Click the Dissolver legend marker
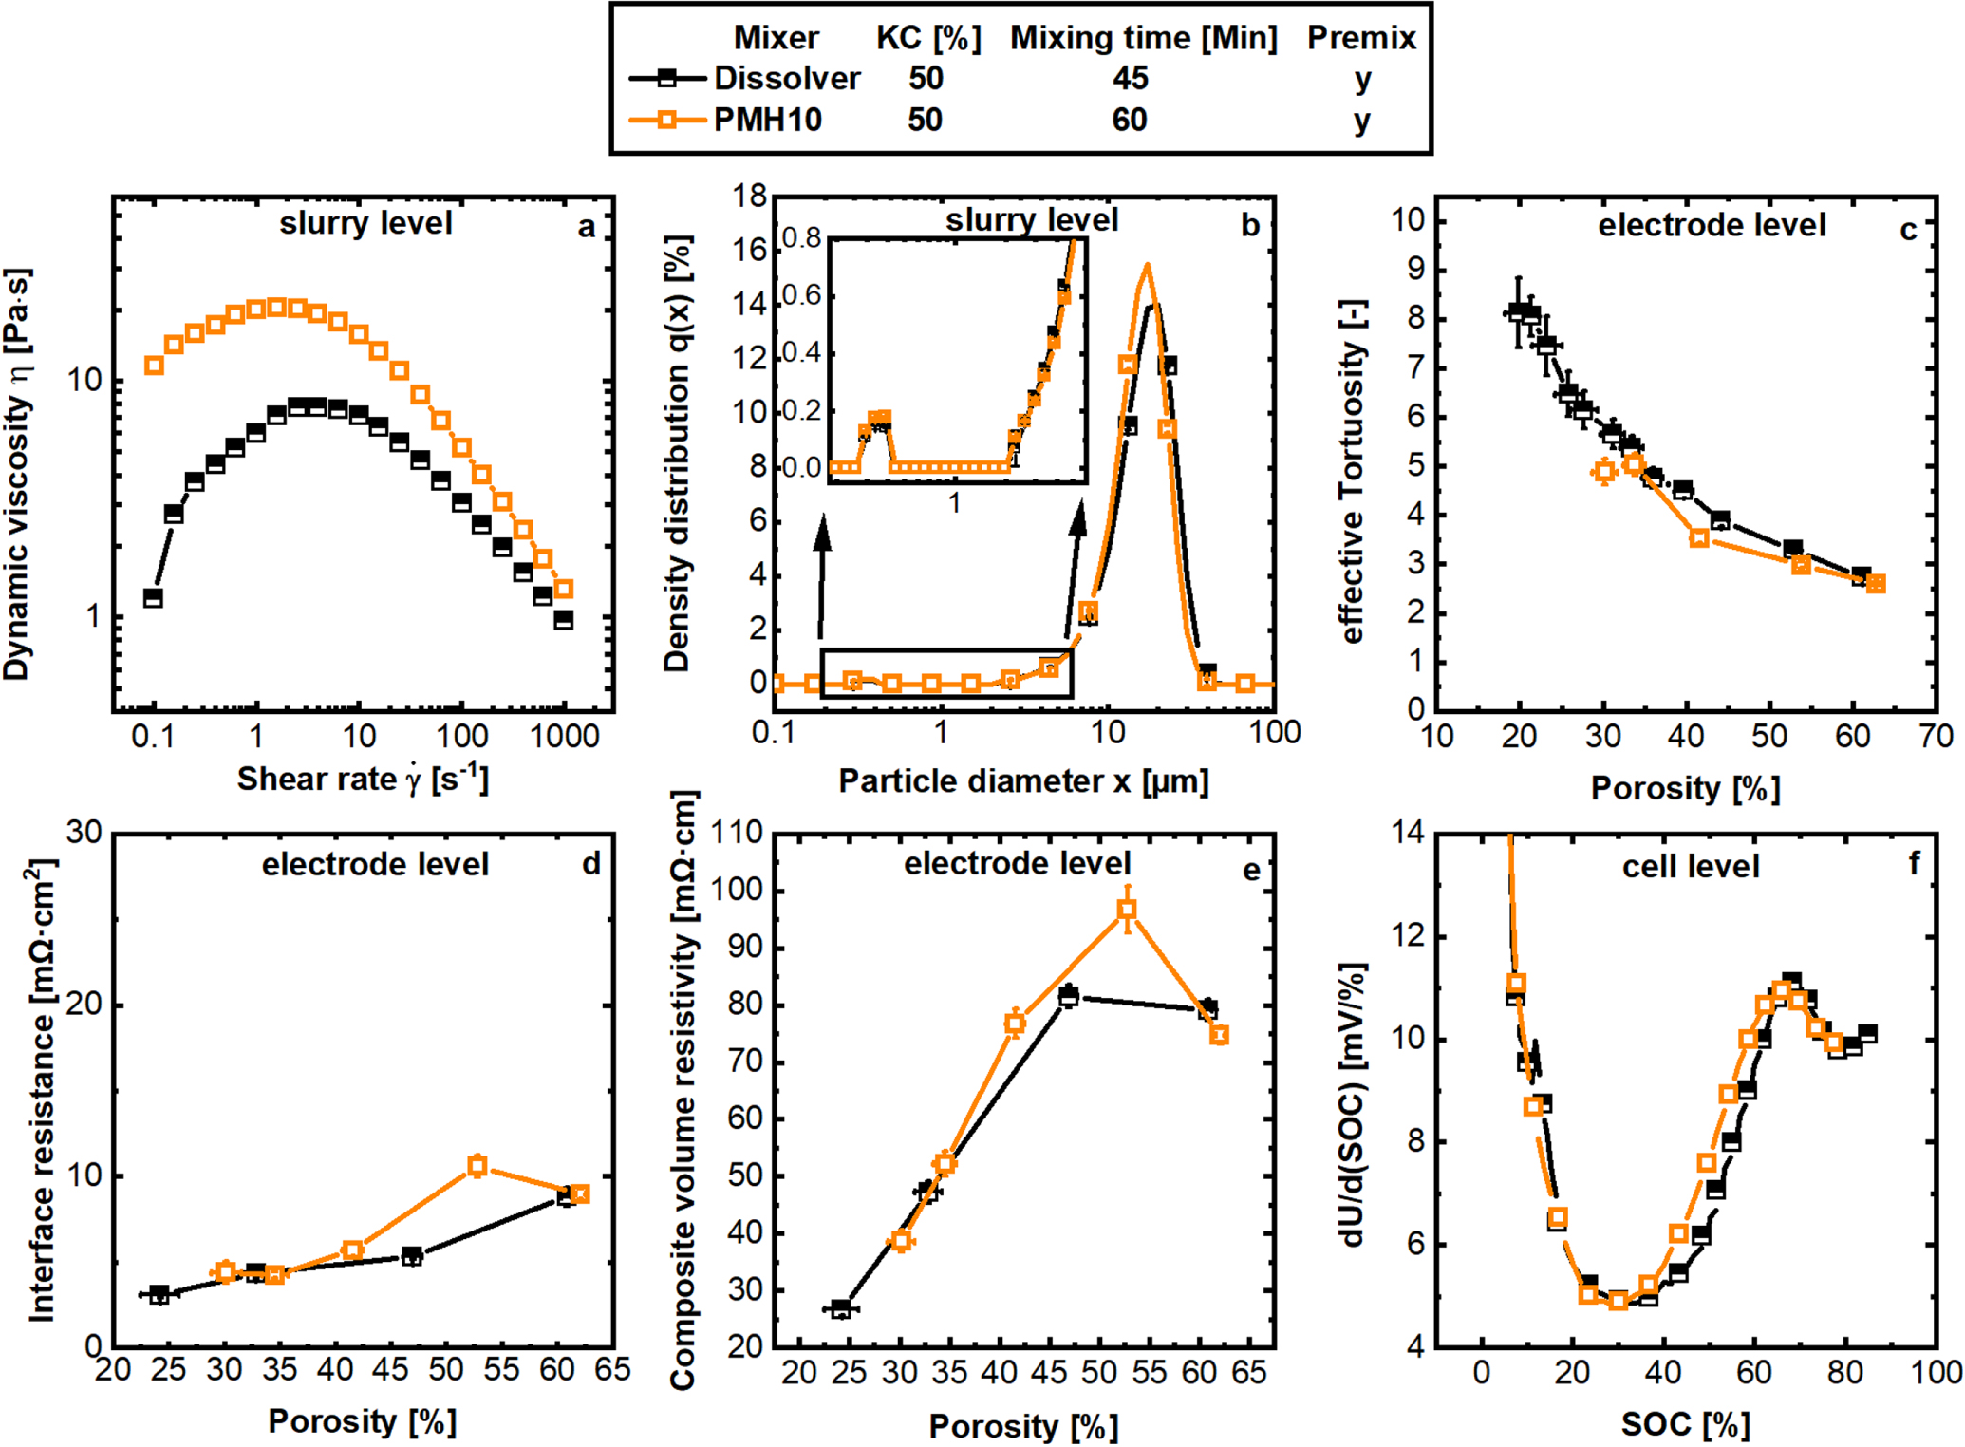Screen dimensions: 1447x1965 point(667,77)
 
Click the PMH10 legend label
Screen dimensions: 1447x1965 point(767,121)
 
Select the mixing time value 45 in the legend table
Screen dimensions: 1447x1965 point(1130,78)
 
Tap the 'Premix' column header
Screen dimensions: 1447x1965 point(1361,38)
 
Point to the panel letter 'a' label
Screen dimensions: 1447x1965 point(587,227)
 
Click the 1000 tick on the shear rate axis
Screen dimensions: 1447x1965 point(564,737)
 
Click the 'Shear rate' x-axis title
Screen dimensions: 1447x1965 point(363,779)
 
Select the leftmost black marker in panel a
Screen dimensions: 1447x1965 point(153,597)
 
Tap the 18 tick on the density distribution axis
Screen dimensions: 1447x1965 point(750,197)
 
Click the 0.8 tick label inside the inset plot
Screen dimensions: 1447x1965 point(801,238)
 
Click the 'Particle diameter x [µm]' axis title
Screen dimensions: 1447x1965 point(1023,781)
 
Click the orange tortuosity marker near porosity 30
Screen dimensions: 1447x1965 point(1604,471)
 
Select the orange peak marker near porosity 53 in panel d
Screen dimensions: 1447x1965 point(477,1166)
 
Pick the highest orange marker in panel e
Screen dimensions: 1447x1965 point(1127,909)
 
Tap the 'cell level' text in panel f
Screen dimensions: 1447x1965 point(1691,866)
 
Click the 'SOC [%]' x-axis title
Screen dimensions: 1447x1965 point(1685,1424)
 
